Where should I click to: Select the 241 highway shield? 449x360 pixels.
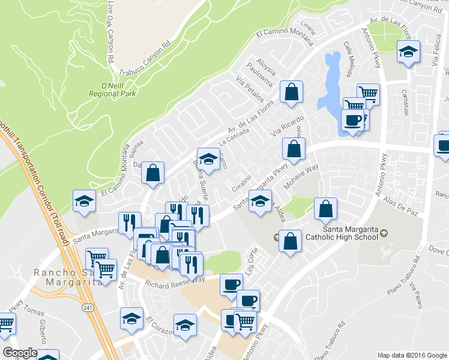pos(87,307)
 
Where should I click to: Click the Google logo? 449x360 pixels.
pos(20,353)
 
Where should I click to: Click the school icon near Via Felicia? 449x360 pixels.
pos(408,53)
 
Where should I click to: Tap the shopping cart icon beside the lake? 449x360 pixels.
pos(368,94)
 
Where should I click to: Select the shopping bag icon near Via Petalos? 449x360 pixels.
pos(291,92)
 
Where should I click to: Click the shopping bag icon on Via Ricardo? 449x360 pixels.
pos(294,149)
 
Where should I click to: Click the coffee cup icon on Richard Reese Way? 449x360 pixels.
pos(231,284)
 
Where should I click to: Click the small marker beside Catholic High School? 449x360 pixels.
pos(384,232)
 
